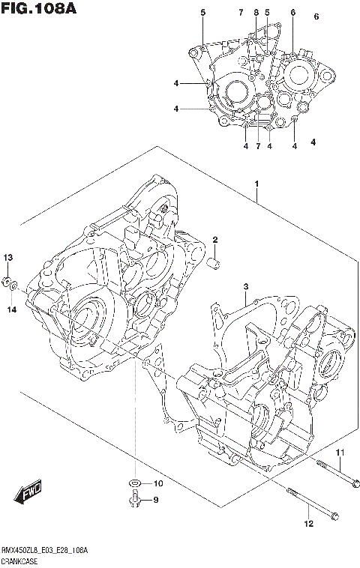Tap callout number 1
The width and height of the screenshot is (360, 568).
(x=256, y=184)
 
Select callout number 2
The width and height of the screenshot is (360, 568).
(x=214, y=240)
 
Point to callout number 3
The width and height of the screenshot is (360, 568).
(x=245, y=287)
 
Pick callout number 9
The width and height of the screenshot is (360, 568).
(x=156, y=501)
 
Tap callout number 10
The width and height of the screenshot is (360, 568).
(x=157, y=483)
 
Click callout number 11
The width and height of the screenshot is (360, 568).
(x=338, y=452)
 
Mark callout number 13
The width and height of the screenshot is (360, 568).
(x=9, y=258)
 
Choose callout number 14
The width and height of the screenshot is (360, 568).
(x=10, y=309)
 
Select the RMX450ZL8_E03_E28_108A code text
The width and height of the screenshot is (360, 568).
(x=44, y=551)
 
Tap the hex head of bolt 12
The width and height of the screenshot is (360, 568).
(x=335, y=516)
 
